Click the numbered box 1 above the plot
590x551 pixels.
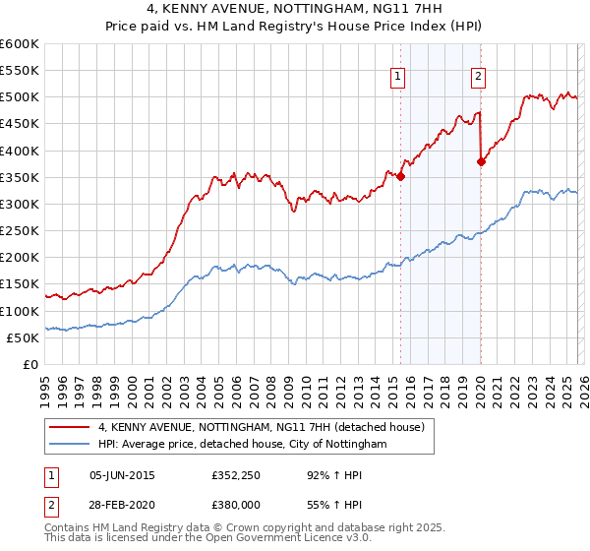(398, 77)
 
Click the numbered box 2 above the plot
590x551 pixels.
(478, 77)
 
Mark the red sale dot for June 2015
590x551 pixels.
(401, 177)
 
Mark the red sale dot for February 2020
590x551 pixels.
(481, 162)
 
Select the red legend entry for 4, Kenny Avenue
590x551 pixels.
(261, 427)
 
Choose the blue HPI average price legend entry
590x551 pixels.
(242, 444)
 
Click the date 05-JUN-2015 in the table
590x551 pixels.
(122, 474)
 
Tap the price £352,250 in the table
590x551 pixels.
(233, 474)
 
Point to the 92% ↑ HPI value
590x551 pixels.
(322, 474)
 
